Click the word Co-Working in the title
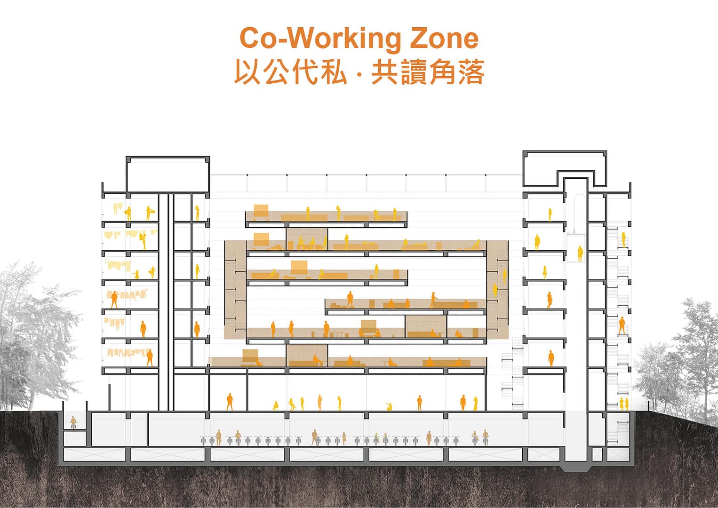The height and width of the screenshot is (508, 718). point(319,39)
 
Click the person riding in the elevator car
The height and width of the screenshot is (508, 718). point(580,254)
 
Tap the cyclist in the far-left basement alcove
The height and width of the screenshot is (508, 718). point(73,422)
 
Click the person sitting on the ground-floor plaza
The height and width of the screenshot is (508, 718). point(389,407)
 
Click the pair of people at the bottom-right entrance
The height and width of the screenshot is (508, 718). point(623,404)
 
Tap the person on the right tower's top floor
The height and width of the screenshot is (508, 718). point(549,214)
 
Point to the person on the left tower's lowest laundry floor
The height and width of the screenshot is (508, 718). point(150,357)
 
